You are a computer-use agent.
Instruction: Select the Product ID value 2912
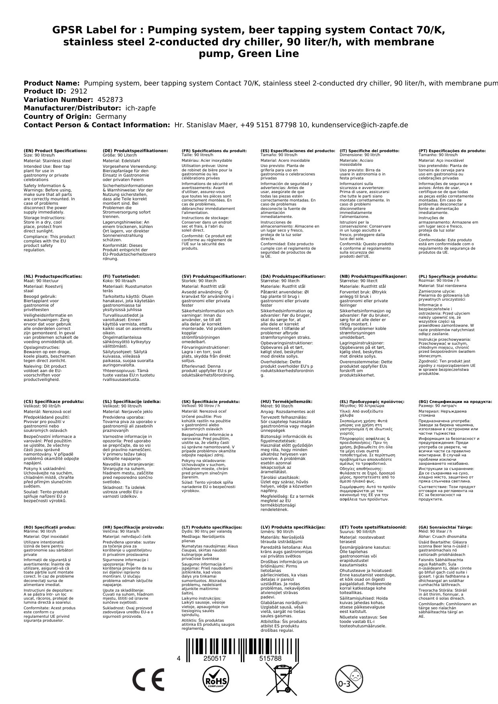(79, 91)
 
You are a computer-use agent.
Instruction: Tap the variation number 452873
(110, 100)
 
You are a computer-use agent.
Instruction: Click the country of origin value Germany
(111, 116)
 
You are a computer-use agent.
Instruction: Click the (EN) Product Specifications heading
(55, 151)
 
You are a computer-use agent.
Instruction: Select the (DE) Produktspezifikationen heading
(135, 151)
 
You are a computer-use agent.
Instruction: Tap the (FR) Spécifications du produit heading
(214, 151)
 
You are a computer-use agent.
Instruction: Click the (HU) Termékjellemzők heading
(286, 401)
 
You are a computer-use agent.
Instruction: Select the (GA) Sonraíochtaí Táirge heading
(445, 527)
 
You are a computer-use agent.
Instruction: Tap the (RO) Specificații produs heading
(50, 527)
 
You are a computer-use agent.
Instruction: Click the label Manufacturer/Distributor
(72, 108)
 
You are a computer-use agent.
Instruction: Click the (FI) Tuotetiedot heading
(121, 277)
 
